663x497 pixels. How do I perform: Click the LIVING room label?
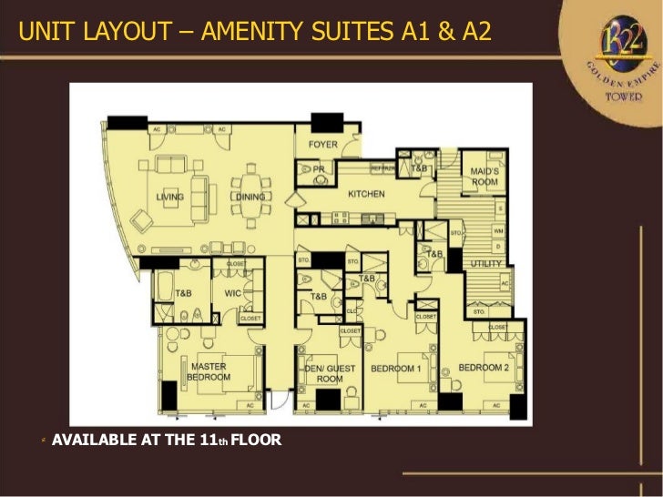click(x=170, y=197)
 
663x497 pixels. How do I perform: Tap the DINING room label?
click(x=250, y=197)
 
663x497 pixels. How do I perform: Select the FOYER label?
click(x=323, y=144)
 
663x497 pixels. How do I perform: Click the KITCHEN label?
click(x=366, y=194)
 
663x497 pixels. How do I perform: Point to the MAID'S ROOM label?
click(x=484, y=177)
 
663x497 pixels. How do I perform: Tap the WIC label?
click(x=232, y=293)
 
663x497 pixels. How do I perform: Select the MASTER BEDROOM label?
click(x=209, y=371)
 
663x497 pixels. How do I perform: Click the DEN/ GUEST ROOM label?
click(x=330, y=373)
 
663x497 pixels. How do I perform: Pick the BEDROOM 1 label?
click(x=395, y=369)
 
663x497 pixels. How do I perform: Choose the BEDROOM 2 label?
click(x=483, y=368)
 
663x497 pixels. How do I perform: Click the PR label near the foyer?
click(x=319, y=169)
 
